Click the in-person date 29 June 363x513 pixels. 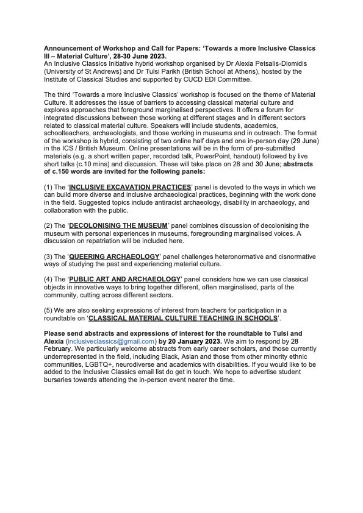300,141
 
